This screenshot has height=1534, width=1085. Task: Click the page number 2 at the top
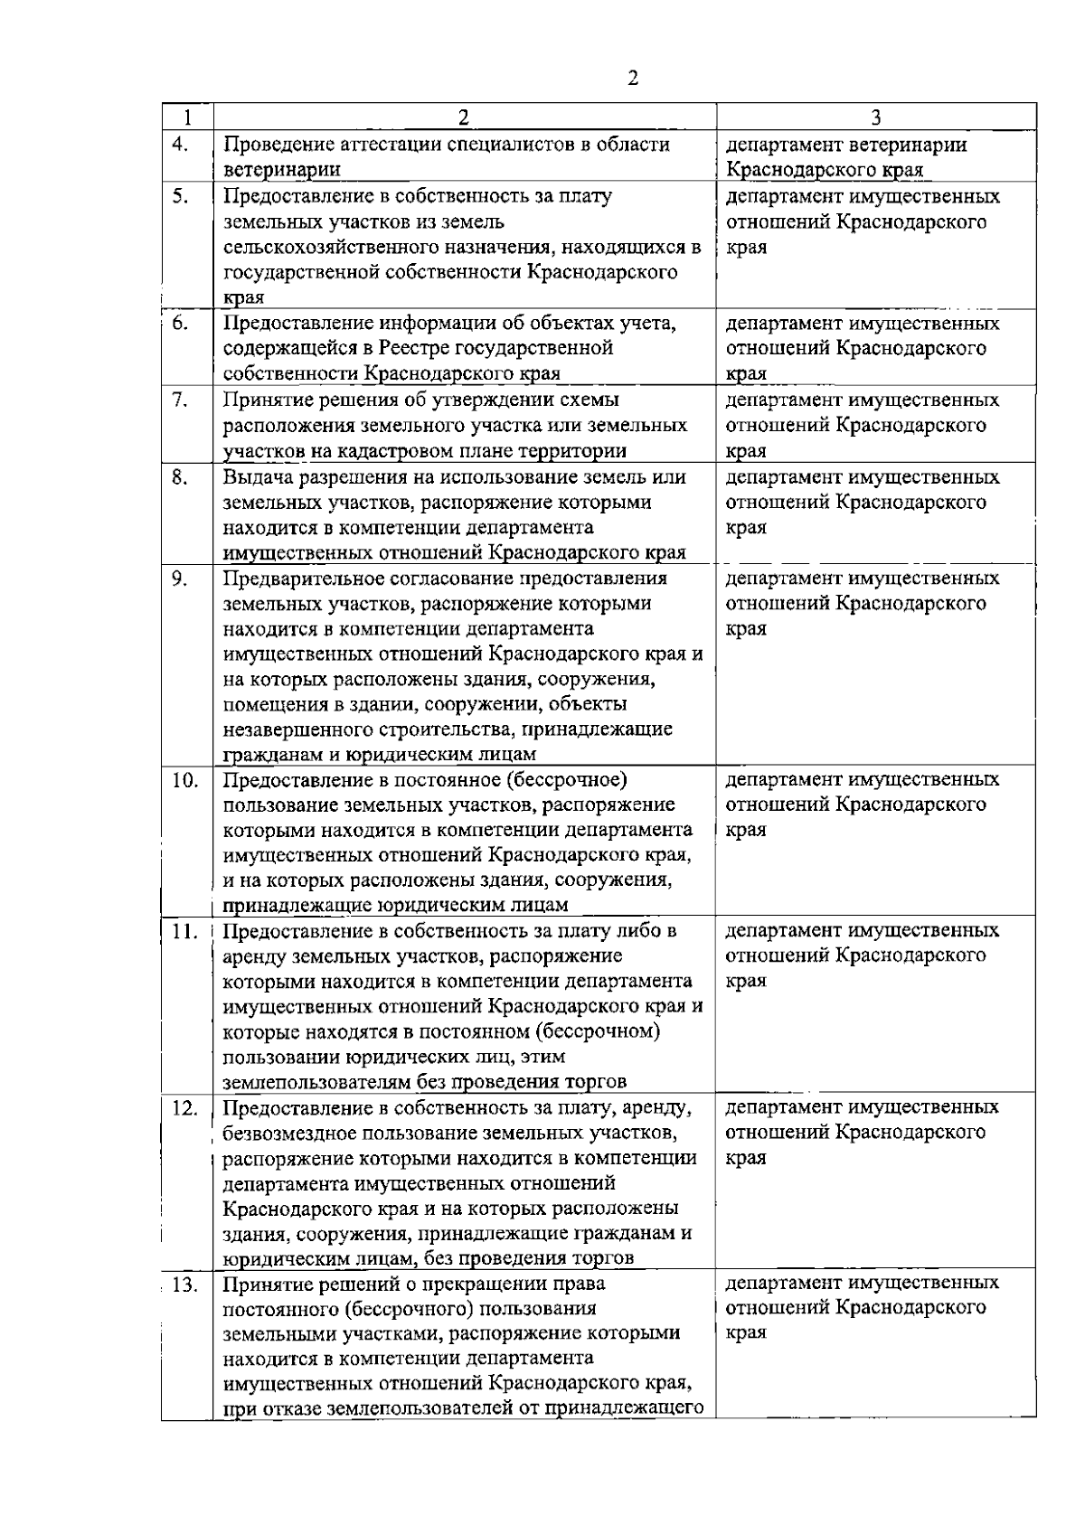pos(632,79)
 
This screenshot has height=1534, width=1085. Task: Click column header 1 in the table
pos(186,118)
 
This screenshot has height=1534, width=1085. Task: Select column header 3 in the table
pos(876,118)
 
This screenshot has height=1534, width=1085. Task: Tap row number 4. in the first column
pos(180,145)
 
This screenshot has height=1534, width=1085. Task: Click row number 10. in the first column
pos(184,780)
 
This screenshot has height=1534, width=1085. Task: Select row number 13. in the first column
pos(184,1284)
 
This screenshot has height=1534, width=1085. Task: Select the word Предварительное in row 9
pos(299,579)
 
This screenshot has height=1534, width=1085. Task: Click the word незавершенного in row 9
pos(294,729)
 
